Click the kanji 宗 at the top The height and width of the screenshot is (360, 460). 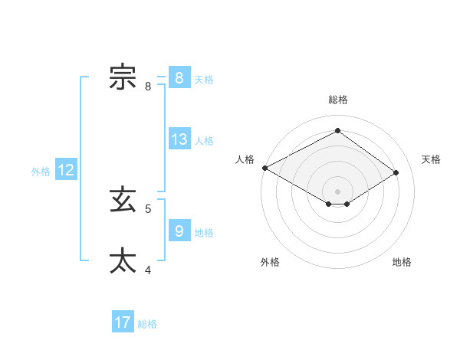pos(123,78)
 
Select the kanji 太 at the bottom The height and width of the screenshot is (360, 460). pos(123,260)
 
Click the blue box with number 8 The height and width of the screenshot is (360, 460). pos(179,78)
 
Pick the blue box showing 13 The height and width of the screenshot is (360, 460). pos(179,140)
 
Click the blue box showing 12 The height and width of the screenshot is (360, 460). pos(66,171)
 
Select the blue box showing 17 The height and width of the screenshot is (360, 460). pos(123,322)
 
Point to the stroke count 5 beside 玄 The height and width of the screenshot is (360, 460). pos(148,208)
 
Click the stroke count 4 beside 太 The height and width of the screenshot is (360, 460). pos(148,270)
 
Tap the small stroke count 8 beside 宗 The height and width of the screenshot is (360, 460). pos(148,87)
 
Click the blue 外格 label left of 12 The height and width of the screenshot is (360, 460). pos(41,172)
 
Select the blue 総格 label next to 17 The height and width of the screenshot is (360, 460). pos(147,324)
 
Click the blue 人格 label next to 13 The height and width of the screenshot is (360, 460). pos(204,141)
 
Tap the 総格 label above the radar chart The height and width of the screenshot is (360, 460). pos(338,100)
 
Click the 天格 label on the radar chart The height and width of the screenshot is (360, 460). pos(431,159)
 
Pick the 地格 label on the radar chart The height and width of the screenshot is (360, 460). pos(402,262)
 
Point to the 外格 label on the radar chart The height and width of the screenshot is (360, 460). pos(270,262)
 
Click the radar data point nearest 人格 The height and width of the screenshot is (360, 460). pos(264,167)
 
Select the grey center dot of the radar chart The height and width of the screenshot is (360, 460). pos(337,190)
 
